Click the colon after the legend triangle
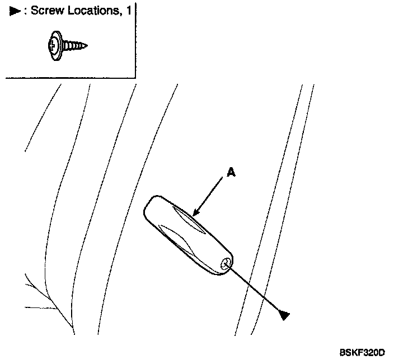pos(25,11)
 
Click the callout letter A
pos(231,173)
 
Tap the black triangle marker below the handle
pos(284,316)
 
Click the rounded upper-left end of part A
pos(151,207)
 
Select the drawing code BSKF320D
pos(362,352)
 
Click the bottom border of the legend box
pos(67,78)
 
